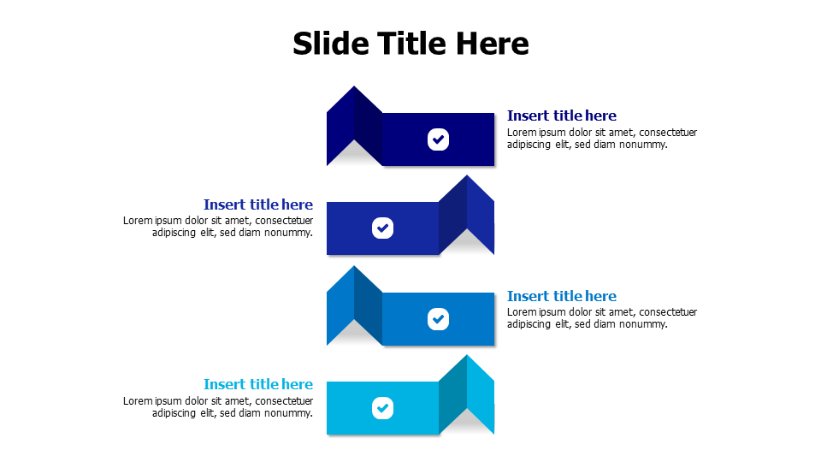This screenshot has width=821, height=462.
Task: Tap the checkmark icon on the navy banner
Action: [x=438, y=139]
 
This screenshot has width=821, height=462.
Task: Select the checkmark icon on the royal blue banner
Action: [x=382, y=228]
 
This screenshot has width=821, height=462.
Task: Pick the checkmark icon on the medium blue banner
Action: [x=438, y=319]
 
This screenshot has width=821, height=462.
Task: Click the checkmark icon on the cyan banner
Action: [x=382, y=408]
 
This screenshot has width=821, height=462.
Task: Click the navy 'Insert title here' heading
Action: [x=561, y=115]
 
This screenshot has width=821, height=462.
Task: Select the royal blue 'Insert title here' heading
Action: [x=258, y=204]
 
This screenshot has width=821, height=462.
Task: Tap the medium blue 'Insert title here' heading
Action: [x=561, y=296]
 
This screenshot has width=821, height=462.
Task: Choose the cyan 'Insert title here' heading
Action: [x=258, y=384]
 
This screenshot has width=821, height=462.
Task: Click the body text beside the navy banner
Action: [x=601, y=139]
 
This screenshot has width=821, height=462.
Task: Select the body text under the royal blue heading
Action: [x=218, y=227]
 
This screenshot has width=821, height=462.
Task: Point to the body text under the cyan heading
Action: [x=218, y=407]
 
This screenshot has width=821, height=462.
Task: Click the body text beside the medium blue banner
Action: [x=601, y=318]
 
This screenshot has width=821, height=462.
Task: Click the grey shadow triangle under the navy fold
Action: [x=354, y=156]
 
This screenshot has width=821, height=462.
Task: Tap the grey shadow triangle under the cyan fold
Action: [x=467, y=423]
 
